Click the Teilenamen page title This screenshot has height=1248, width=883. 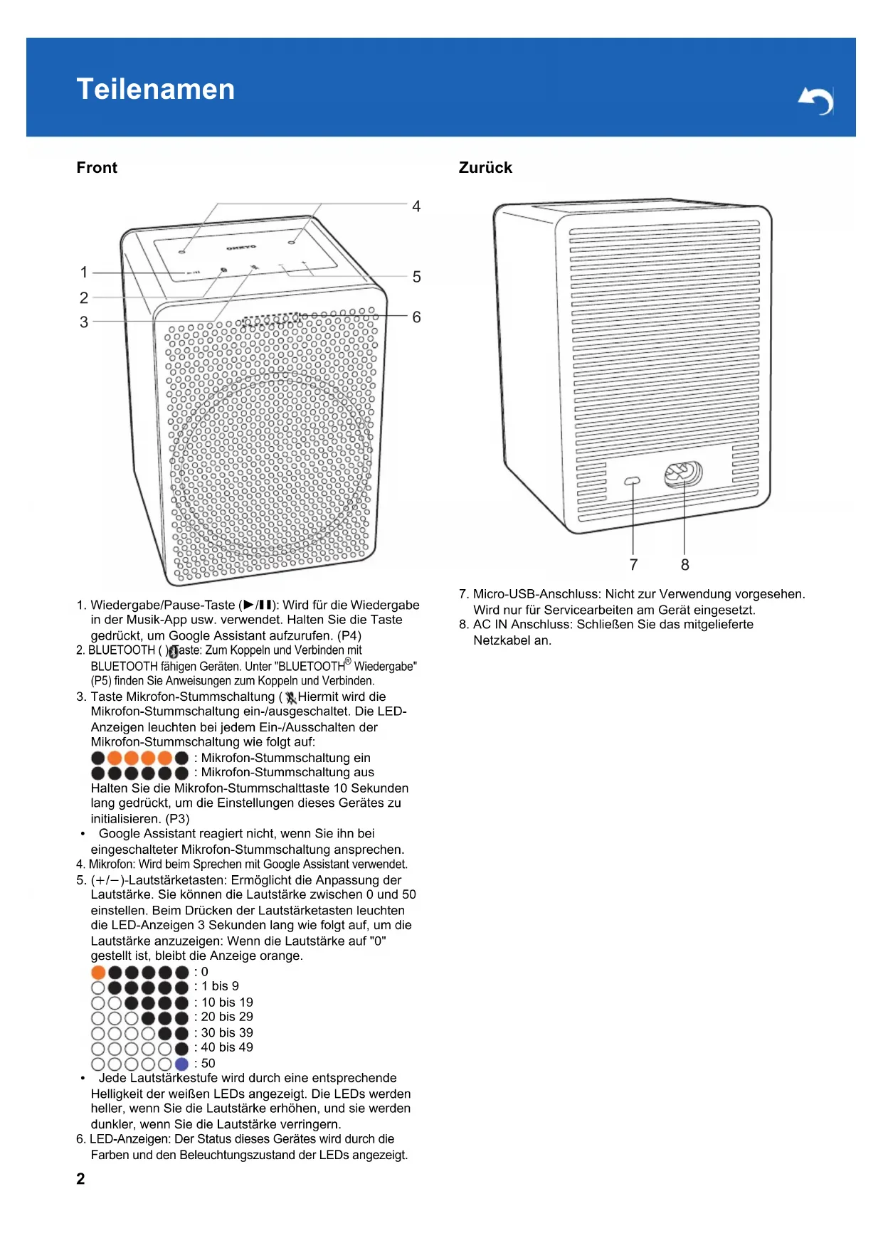(155, 90)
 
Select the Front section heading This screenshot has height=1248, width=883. (97, 168)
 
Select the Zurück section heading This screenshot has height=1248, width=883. (485, 168)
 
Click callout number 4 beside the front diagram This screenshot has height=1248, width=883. (416, 206)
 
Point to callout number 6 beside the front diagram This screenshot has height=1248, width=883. (416, 317)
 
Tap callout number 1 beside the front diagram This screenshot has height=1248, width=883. (84, 273)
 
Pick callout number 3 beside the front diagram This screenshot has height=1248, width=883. (84, 322)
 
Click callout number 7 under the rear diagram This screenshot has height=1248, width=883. (633, 565)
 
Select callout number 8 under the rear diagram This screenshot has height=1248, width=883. (684, 565)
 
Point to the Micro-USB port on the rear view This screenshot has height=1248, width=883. (632, 482)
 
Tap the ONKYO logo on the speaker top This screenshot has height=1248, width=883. (241, 248)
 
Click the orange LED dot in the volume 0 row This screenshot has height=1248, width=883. (98, 972)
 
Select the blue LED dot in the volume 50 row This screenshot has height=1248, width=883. (181, 1064)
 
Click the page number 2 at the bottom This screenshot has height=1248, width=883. (80, 1179)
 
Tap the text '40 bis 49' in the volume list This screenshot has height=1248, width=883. (227, 1047)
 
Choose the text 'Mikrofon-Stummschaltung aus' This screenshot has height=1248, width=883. (287, 773)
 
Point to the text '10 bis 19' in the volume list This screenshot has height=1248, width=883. (227, 1003)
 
